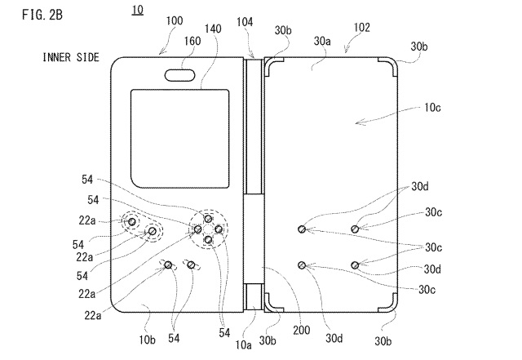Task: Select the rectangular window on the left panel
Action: (x=166, y=125)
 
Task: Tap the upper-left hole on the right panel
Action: (x=303, y=229)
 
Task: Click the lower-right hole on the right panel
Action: (x=356, y=264)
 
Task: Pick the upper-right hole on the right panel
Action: (x=356, y=229)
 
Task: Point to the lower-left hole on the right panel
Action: (x=303, y=264)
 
